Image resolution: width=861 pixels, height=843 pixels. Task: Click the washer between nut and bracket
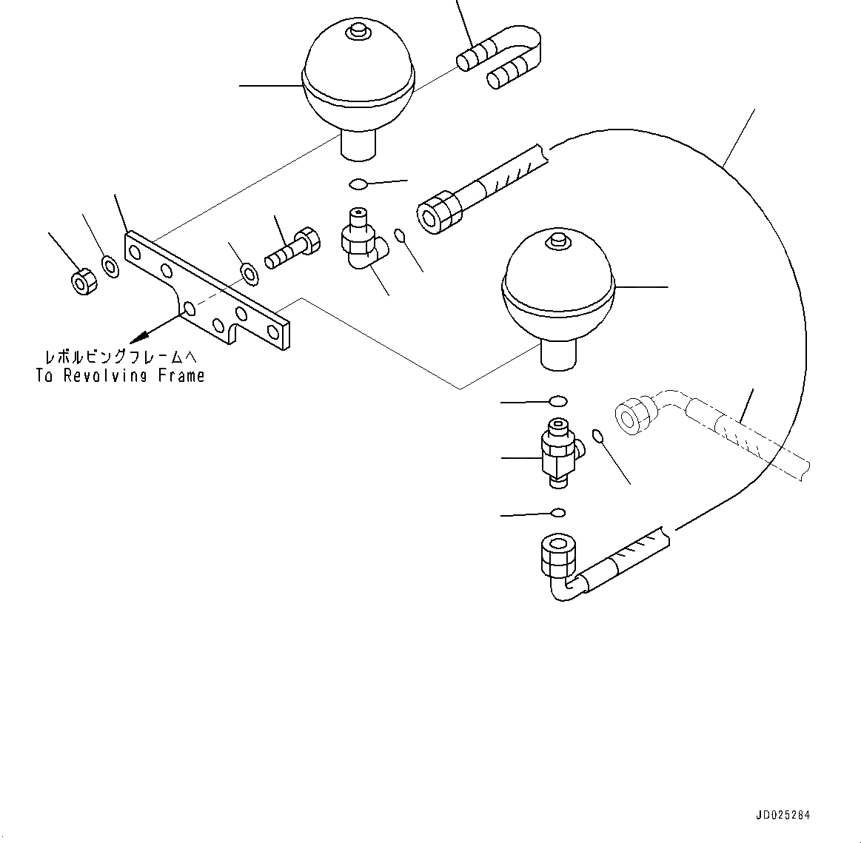110,266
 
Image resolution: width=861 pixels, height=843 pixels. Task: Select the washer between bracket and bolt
249,273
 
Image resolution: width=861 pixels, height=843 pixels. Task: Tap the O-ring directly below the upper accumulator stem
358,184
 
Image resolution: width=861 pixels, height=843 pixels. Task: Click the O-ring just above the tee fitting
557,401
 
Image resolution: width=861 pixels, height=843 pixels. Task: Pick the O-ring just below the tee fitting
558,512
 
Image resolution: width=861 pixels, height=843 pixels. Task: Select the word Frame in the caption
181,376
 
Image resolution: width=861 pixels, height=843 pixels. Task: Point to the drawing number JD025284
783,815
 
